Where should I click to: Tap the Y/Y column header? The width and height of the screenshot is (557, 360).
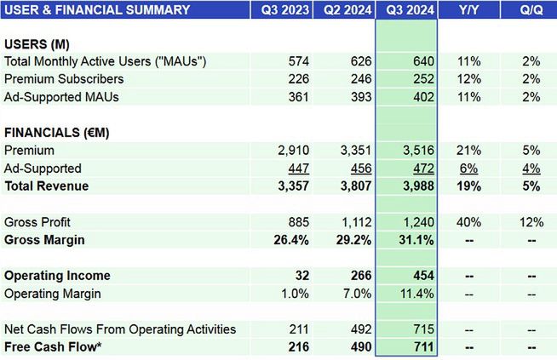(x=468, y=10)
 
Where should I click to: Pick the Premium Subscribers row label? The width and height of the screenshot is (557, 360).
(x=64, y=79)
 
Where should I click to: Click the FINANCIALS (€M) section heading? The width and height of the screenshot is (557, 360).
(x=57, y=133)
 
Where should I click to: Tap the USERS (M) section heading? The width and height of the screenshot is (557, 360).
(x=36, y=43)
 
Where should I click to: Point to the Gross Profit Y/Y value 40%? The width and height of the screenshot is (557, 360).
(x=469, y=222)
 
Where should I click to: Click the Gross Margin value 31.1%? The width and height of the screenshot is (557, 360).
(x=416, y=240)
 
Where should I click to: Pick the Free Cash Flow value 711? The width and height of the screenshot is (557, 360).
(x=422, y=347)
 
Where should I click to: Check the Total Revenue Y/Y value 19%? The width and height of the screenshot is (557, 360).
(x=469, y=186)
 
